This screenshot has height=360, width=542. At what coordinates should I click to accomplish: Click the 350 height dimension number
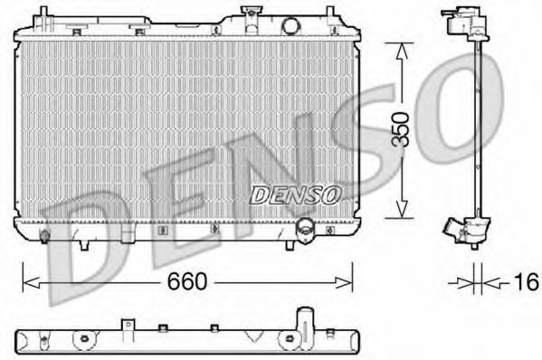408,128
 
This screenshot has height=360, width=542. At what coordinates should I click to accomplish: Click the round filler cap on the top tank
291,26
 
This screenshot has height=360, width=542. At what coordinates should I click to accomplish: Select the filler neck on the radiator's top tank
249,14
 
